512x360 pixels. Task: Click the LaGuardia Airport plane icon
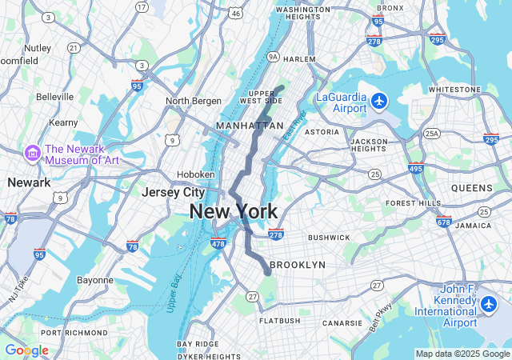(x=379, y=102)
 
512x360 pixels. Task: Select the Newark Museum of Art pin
(x=32, y=153)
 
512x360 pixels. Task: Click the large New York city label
(x=234, y=212)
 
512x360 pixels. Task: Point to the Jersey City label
(x=173, y=192)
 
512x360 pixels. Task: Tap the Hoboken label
(x=196, y=174)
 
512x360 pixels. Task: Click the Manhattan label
(x=250, y=126)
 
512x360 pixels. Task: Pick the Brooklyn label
(x=298, y=265)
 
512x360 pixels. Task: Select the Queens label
(x=472, y=188)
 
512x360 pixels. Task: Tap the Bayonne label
(x=94, y=281)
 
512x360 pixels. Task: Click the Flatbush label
(x=280, y=321)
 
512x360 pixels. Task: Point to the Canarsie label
(x=342, y=323)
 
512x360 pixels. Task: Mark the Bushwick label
(x=329, y=238)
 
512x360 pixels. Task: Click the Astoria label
(x=322, y=132)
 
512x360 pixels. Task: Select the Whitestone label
(x=454, y=90)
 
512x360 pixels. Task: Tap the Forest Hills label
(x=412, y=203)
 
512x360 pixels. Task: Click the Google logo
(x=26, y=350)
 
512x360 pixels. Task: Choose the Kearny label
(x=63, y=122)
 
